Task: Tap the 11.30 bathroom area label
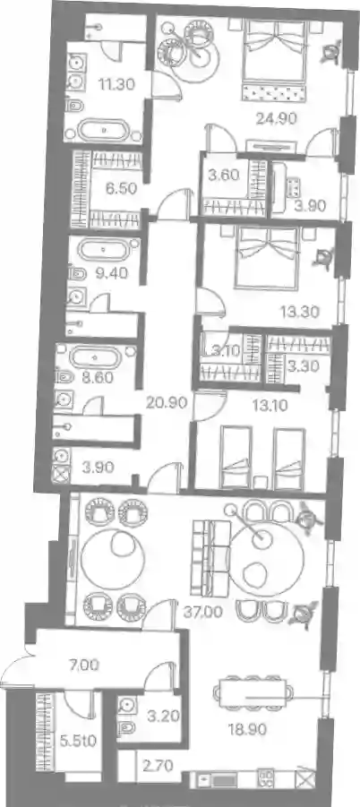coord(117,83)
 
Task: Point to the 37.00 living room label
coord(203,612)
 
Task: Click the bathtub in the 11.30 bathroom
coord(104,131)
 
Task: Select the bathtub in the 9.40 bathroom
coord(103,251)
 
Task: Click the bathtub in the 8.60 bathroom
coord(96,356)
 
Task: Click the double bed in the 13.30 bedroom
coord(266,258)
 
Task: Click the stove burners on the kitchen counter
coord(265,778)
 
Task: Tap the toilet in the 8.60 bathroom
coord(64,377)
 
